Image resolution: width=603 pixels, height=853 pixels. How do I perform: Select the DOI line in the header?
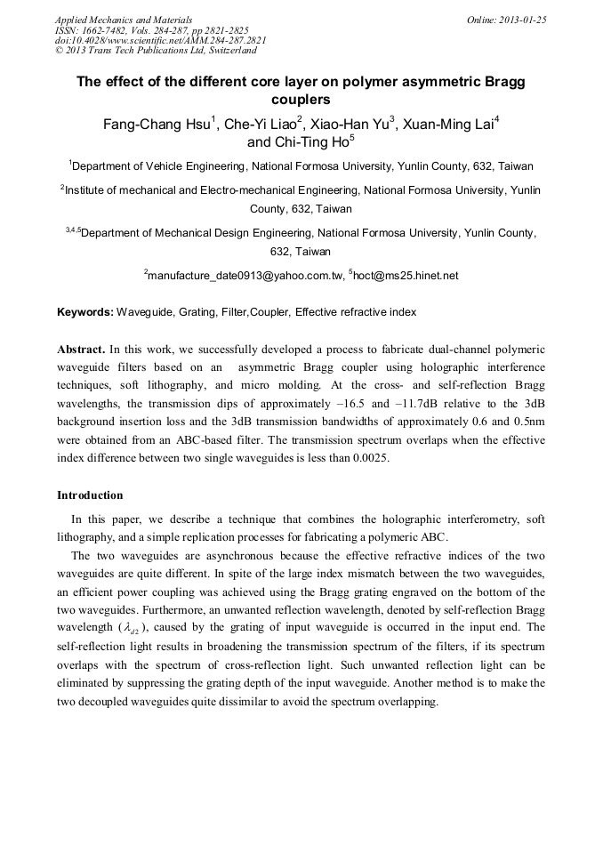pyautogui.click(x=160, y=40)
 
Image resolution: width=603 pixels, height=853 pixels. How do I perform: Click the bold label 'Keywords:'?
pyautogui.click(x=85, y=313)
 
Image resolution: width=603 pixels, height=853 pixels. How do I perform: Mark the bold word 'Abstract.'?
pyautogui.click(x=83, y=350)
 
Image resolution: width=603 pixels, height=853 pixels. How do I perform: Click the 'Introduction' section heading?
pyautogui.click(x=90, y=495)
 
